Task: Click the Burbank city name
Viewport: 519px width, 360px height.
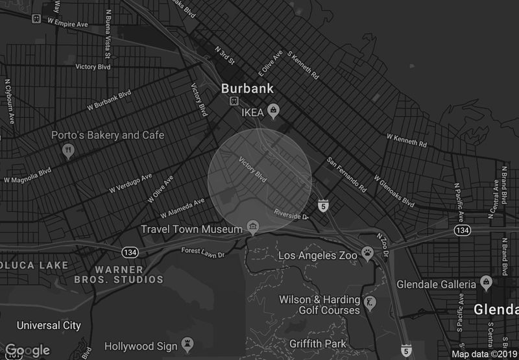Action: [x=247, y=88]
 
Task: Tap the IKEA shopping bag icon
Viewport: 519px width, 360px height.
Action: [x=274, y=111]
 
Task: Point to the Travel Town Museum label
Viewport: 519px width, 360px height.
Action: [x=191, y=229]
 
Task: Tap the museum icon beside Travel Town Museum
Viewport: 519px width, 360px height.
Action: [x=252, y=228]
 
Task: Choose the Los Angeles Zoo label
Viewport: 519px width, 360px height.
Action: [x=318, y=256]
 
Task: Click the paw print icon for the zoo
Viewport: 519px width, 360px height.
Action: [x=368, y=254]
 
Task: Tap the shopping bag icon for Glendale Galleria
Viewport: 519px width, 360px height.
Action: [x=486, y=282]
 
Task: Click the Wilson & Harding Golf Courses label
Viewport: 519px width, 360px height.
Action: [x=320, y=305]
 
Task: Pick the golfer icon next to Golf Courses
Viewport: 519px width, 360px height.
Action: [x=370, y=303]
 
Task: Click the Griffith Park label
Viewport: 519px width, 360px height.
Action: [x=318, y=344]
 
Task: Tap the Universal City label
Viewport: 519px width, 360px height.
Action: [x=49, y=325]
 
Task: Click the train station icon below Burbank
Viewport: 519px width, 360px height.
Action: [x=234, y=101]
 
